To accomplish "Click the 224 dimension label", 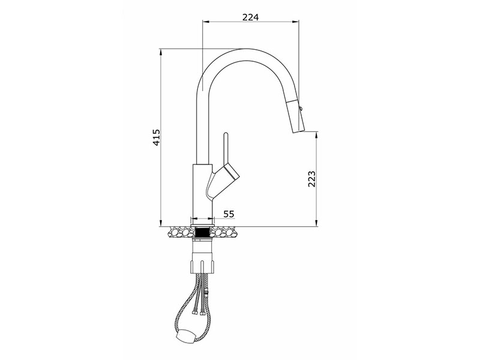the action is click(250, 17).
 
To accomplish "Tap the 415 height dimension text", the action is click(156, 137).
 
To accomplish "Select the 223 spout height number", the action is click(311, 179).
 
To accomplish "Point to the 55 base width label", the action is click(229, 214).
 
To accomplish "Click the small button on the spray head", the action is click(301, 108).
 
